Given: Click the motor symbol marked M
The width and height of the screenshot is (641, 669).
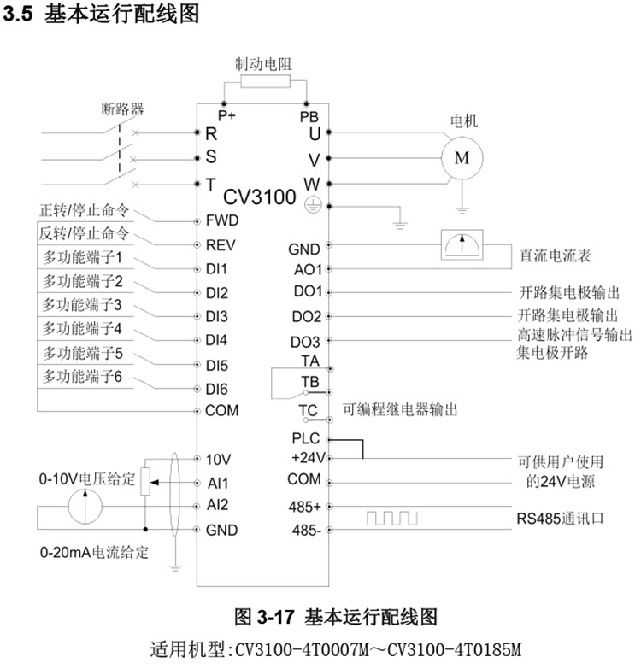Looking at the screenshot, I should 462,158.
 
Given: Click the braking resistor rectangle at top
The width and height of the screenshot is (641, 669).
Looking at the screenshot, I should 265,82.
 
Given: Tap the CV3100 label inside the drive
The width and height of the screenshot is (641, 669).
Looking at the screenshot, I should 260,197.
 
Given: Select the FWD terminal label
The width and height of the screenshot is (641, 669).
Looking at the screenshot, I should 221,220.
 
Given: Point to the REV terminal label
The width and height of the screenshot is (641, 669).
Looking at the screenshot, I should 221,244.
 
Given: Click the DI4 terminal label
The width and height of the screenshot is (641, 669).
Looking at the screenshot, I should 216,340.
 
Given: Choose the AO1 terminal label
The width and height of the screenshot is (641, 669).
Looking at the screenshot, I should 305,269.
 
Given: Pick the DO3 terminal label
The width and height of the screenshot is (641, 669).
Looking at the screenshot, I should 305,343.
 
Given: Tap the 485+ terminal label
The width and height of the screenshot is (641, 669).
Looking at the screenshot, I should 305,505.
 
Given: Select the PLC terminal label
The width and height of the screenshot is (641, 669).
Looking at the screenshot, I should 305,438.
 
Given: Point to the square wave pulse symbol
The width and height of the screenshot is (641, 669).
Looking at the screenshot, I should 391,518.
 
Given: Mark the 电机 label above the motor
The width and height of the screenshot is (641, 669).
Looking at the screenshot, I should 464,121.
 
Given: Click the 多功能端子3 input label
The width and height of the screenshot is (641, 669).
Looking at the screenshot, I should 82,304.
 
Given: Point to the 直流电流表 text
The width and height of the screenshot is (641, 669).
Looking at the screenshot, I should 556,255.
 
